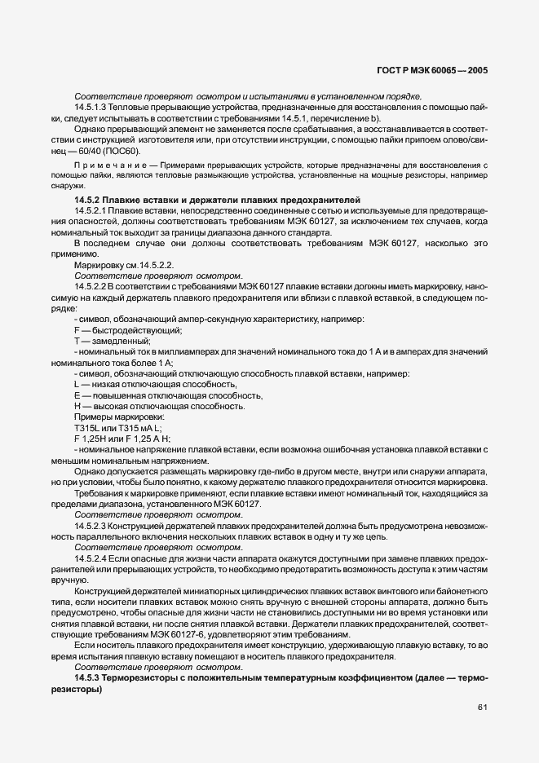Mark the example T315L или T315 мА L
point(118,427)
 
